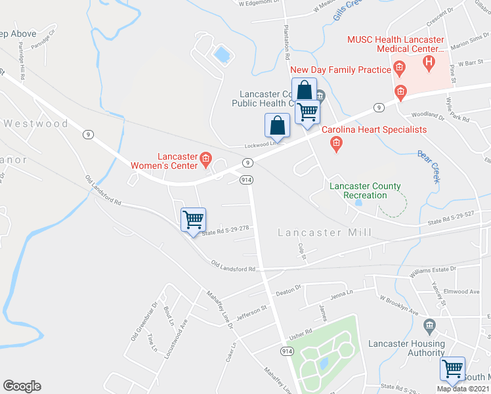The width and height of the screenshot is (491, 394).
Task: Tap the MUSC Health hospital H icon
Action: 429,63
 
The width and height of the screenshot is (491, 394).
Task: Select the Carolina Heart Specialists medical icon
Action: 336,144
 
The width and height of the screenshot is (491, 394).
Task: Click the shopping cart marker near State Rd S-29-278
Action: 193,219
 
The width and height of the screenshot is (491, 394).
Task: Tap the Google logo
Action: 22,386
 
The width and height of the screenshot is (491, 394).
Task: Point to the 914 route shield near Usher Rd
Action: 287,352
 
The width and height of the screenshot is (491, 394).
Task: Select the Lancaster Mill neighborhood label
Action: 324,232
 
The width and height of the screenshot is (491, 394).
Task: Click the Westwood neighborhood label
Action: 35,123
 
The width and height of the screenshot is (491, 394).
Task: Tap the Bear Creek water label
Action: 429,167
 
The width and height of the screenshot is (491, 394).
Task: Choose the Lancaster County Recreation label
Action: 358,190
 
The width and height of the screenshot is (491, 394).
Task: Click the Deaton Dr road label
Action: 288,289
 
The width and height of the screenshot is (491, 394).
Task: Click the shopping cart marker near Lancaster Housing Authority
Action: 452,368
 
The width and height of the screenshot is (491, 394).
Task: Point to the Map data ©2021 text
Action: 463,389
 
